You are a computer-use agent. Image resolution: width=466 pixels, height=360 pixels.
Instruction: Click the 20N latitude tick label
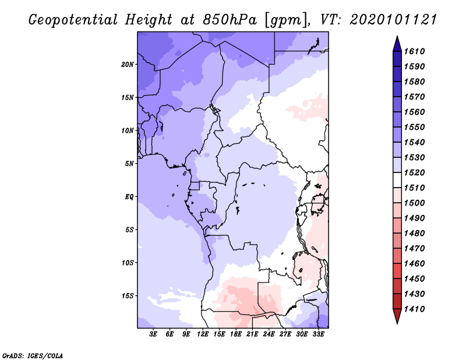[128, 64]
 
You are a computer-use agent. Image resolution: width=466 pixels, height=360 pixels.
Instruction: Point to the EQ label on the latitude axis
[129, 196]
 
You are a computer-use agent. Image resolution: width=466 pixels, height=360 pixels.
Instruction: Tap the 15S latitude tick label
[128, 296]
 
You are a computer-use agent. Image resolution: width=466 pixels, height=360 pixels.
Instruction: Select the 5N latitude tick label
[129, 164]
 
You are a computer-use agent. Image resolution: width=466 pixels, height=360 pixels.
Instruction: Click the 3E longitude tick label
[154, 334]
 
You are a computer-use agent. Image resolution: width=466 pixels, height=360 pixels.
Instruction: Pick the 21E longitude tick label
[252, 334]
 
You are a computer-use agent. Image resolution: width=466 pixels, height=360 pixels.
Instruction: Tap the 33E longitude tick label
[318, 334]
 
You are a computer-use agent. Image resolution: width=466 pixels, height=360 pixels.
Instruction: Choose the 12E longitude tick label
[203, 334]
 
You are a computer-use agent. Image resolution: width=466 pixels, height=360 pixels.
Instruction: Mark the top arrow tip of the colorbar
[397, 37]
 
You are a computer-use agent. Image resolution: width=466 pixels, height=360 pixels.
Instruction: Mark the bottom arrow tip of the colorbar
[397, 323]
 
